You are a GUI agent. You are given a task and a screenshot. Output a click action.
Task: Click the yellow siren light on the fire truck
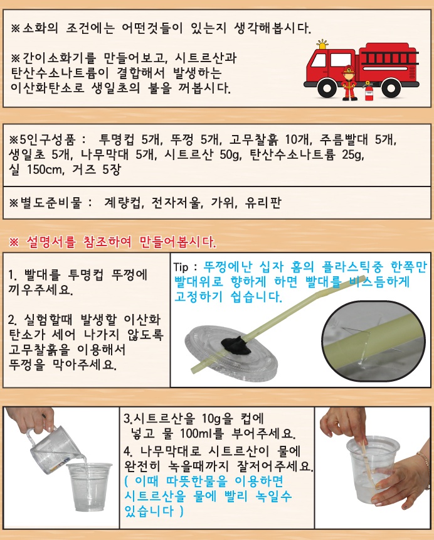click(x=322, y=45)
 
